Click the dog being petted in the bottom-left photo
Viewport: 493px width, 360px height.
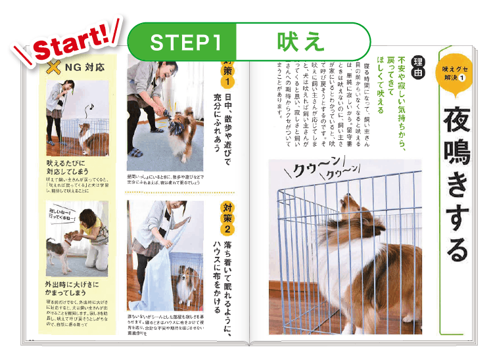click(62, 250)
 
